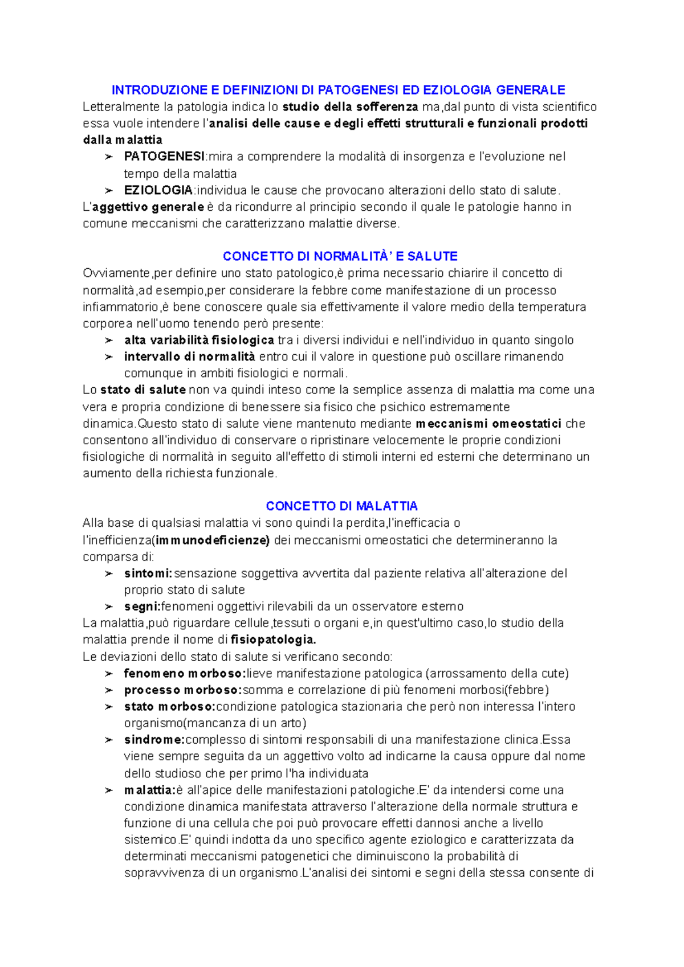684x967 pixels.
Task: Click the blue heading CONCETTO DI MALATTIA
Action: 341,506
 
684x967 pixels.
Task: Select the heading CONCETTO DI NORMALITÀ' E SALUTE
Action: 340,256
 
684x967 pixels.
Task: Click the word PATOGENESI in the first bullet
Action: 164,157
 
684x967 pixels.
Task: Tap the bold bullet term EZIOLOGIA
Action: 158,190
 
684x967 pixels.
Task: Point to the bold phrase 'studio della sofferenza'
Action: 351,107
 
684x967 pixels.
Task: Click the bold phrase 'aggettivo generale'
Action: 148,207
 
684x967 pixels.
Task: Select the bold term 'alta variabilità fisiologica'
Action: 199,341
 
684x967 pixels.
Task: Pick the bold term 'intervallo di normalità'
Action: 189,357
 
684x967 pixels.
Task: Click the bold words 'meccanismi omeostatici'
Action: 488,424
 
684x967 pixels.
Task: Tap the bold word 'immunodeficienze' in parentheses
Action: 212,540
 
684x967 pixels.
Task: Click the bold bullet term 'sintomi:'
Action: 148,573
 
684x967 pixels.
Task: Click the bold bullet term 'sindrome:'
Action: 154,740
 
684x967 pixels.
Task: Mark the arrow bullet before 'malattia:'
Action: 108,790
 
